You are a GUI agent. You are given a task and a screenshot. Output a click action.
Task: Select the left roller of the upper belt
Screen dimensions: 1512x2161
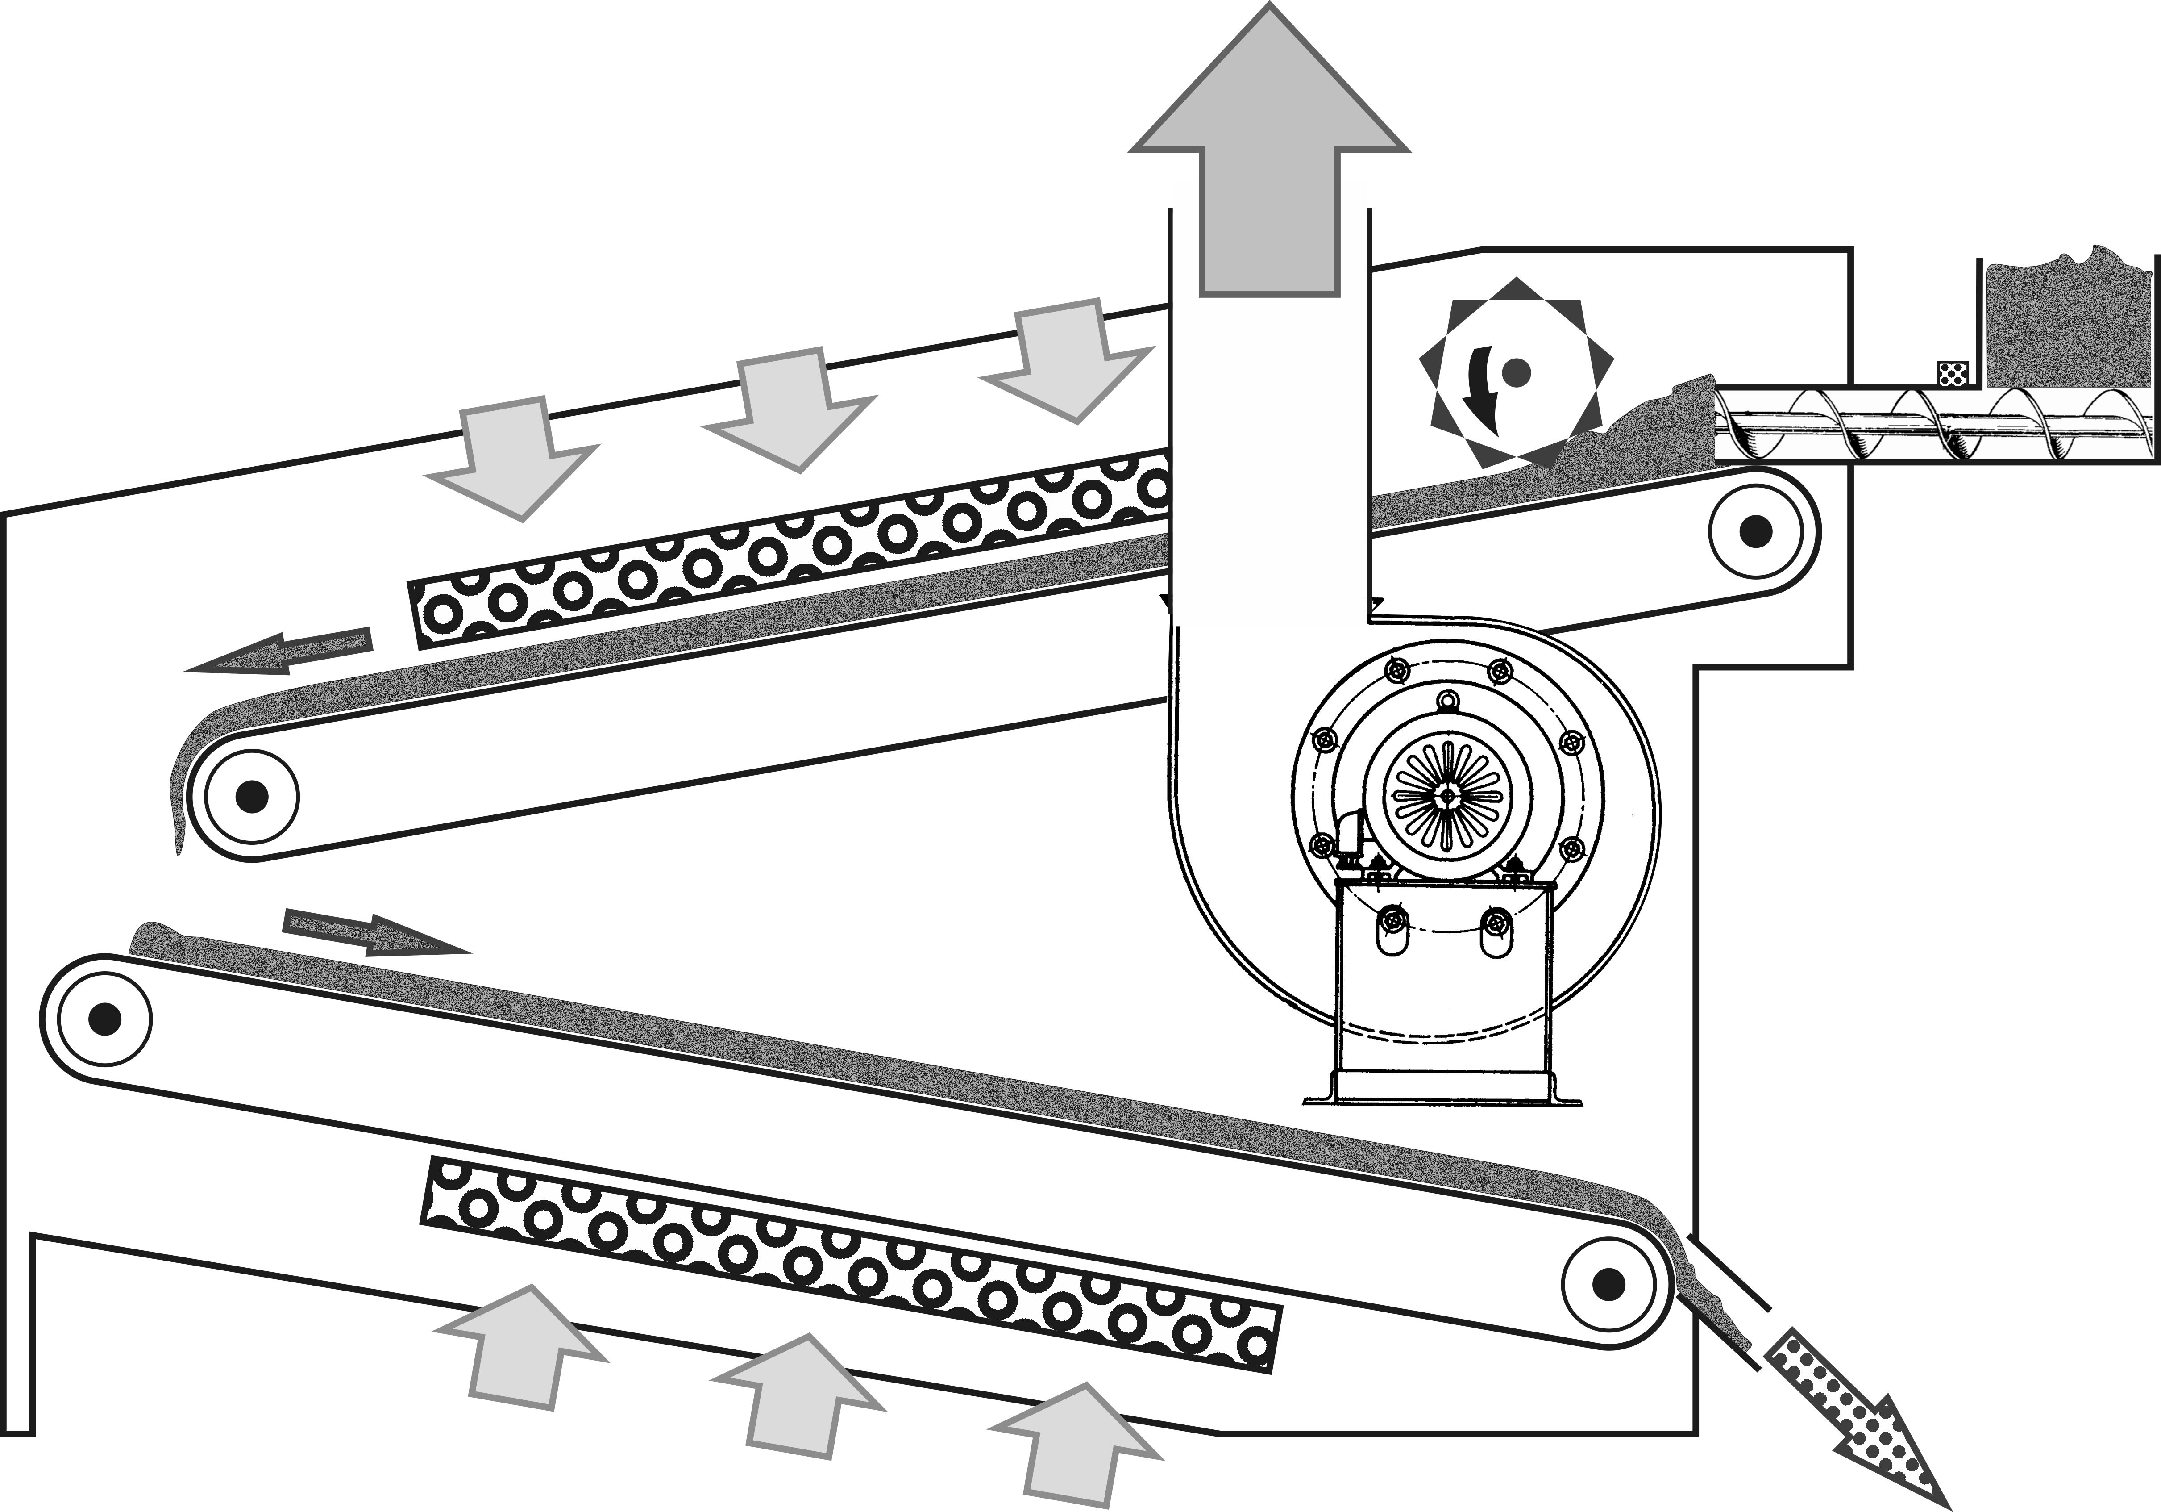pos(250,796)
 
